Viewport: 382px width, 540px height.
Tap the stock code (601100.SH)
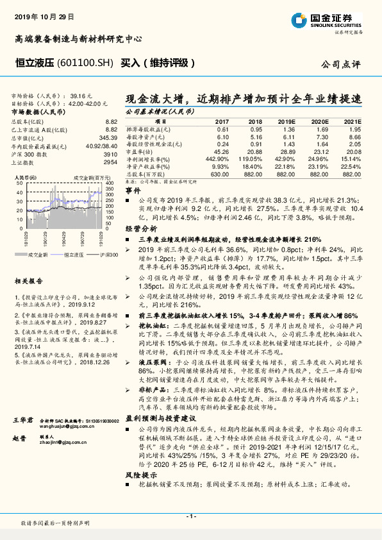point(85,63)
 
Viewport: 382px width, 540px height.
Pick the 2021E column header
point(352,121)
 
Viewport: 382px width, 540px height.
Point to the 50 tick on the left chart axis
point(20,184)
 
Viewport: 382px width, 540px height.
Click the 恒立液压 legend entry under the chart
point(74,256)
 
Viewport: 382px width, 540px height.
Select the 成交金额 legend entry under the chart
point(39,256)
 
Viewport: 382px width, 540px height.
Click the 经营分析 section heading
point(140,228)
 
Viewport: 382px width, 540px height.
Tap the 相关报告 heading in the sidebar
point(28,281)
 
